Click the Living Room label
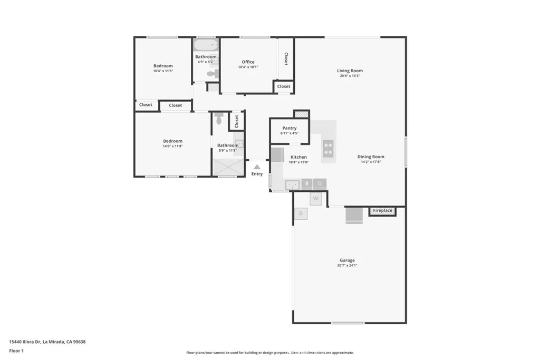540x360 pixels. coord(350,71)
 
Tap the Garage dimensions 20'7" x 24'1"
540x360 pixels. coord(347,266)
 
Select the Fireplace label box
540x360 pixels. coord(382,211)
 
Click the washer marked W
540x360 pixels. coord(315,199)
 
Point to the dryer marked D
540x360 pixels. coord(301,213)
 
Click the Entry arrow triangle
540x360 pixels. coord(257,167)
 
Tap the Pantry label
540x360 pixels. coord(289,128)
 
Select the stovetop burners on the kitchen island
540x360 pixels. coord(328,148)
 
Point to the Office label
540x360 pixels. coord(248,62)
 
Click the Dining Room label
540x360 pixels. coord(371,157)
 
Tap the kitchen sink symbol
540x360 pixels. coord(292,184)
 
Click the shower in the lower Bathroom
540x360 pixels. coord(228,168)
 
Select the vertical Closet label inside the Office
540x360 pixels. coord(286,59)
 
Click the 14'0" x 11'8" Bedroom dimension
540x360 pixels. coord(172,146)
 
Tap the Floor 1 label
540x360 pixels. coord(16,351)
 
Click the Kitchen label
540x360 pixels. coord(298,157)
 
